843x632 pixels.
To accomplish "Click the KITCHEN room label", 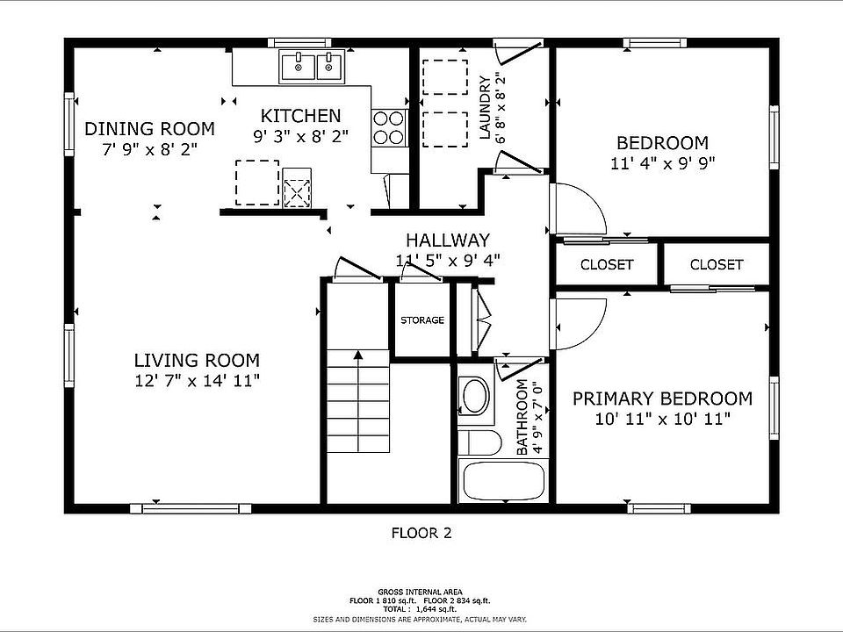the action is tap(300, 116).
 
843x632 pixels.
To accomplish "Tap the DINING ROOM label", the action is tap(149, 129).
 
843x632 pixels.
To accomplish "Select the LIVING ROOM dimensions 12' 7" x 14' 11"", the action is tap(197, 380).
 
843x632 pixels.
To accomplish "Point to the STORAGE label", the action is tap(422, 320).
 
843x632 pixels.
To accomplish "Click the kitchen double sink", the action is tap(312, 67).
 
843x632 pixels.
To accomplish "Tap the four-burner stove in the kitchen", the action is tap(389, 127).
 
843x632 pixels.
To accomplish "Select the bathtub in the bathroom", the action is tap(502, 480).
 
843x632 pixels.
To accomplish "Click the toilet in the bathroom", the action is tap(479, 442).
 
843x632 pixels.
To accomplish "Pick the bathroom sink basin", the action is tap(475, 396).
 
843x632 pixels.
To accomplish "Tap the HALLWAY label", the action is tap(448, 240).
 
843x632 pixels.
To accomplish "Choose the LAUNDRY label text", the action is tap(485, 107).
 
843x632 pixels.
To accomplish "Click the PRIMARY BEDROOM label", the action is tap(662, 399).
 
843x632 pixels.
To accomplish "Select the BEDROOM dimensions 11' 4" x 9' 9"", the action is tap(662, 163).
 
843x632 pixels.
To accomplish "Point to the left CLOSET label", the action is tap(607, 264).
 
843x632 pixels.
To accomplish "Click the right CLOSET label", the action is tap(717, 264).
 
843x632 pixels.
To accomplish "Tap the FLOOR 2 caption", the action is tap(421, 533).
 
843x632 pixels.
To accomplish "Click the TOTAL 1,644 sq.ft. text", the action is tap(420, 609).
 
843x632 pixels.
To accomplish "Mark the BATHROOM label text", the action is tap(522, 418).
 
